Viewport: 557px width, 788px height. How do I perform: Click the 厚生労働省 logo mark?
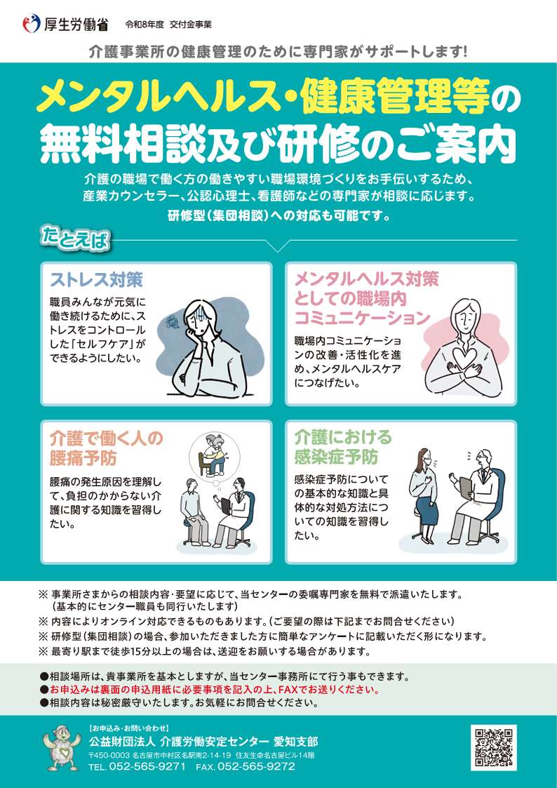tap(31, 23)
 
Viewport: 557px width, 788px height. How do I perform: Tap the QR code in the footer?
tap(493, 747)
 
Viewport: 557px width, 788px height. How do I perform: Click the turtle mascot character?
tap(61, 747)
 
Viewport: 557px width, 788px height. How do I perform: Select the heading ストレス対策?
tap(96, 279)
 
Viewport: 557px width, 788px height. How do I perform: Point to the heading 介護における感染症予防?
tap(342, 447)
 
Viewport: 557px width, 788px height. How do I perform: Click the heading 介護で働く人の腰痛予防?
tap(107, 448)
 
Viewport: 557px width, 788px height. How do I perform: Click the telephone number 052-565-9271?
tap(147, 766)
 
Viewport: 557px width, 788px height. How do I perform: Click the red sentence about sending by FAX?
tap(214, 690)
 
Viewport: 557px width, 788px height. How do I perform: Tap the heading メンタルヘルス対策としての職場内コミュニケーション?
tap(363, 298)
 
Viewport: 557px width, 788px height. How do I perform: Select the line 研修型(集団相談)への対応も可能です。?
tap(278, 217)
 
